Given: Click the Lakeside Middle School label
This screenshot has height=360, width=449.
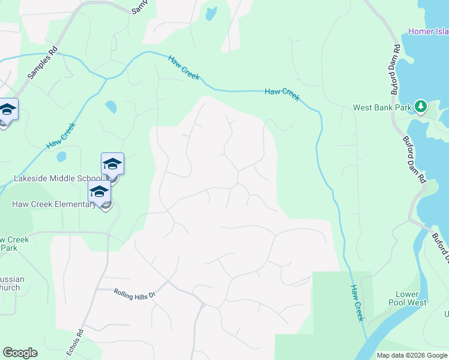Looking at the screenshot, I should (x=58, y=178).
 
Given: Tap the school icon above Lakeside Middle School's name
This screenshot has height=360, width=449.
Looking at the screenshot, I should (x=112, y=164).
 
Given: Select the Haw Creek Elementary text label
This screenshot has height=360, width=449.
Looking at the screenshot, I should (x=53, y=204).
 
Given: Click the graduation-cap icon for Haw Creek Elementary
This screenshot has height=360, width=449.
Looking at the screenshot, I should (x=99, y=193).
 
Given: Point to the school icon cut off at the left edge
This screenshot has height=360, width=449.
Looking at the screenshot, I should (x=7, y=110).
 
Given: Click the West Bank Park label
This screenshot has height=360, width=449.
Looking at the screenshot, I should (x=382, y=108).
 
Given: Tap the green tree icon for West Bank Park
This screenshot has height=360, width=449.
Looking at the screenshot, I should (x=421, y=107).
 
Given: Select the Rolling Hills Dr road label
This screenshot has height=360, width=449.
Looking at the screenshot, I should (x=134, y=294).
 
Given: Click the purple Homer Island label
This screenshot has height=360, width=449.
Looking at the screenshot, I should (x=428, y=31).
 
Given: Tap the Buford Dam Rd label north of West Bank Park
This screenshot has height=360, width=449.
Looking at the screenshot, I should (x=396, y=70).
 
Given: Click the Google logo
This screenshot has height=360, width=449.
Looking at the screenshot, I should (x=20, y=353).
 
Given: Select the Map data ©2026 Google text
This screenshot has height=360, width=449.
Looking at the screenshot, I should (x=411, y=355).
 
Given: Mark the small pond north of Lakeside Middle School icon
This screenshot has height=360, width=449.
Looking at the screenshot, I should (x=111, y=107).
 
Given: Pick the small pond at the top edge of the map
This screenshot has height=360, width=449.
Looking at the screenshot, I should (x=210, y=13).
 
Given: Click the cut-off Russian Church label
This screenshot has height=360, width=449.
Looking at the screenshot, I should (x=10, y=283).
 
